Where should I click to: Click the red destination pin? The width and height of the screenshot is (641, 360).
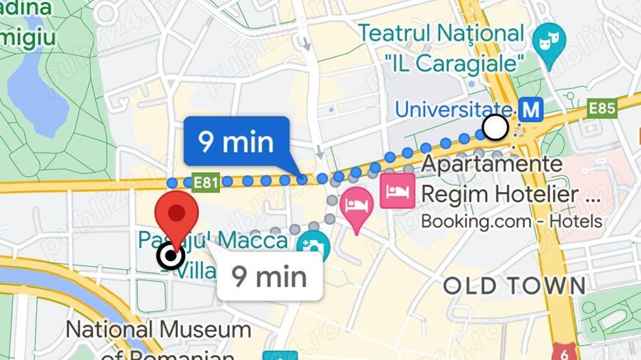[x=178, y=215]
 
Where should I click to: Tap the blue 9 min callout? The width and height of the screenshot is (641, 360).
[x=236, y=142]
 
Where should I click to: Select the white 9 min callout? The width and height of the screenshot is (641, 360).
[x=269, y=277]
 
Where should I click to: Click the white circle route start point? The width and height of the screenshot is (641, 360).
[x=495, y=126]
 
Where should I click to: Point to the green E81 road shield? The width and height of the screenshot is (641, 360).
[x=206, y=182]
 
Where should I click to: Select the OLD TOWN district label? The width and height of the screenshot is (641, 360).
[x=515, y=286]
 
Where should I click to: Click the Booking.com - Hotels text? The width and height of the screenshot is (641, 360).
[x=511, y=221]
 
